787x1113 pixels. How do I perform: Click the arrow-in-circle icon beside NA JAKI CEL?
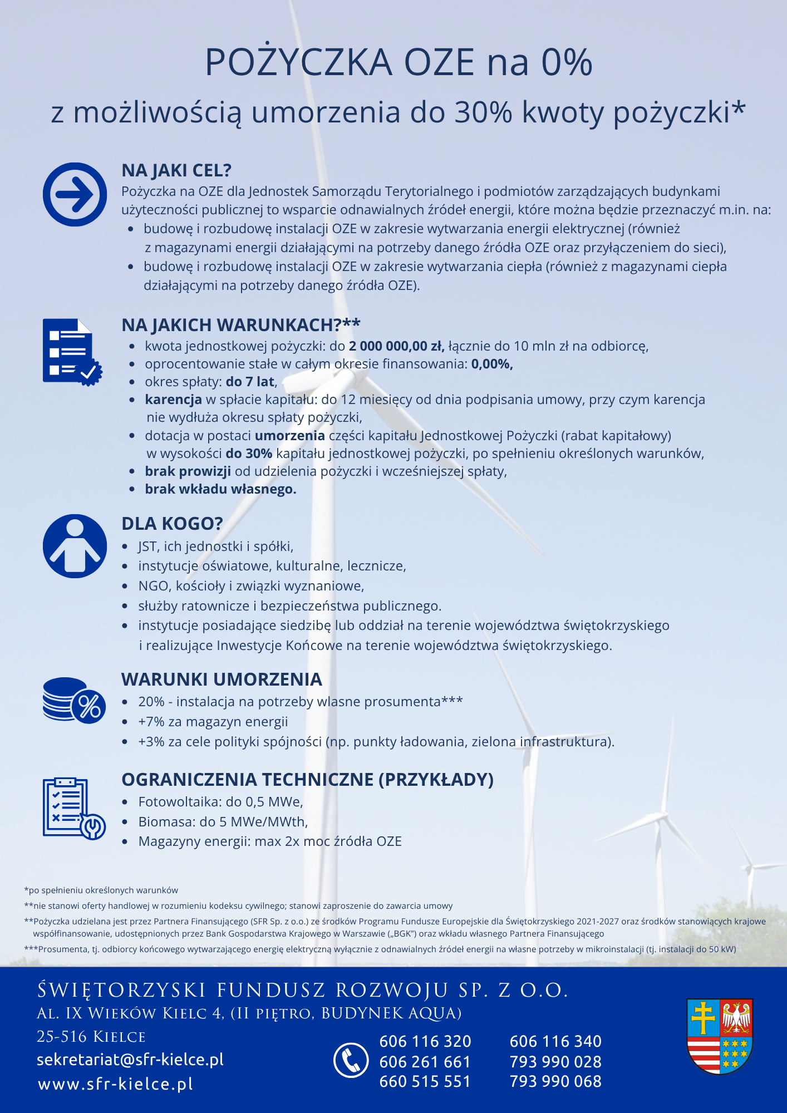[75, 194]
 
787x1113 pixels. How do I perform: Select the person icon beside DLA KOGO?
[75, 546]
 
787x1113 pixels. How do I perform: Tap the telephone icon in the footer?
[351, 1060]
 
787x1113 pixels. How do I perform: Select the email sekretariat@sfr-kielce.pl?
[130, 1060]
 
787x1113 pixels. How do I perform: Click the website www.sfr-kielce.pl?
[116, 1084]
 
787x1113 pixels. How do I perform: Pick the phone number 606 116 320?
[425, 1041]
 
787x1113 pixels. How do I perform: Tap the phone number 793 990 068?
[555, 1081]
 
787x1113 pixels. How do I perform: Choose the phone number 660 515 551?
[425, 1081]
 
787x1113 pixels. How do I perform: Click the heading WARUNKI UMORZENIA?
[222, 679]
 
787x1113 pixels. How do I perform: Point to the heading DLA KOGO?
[172, 524]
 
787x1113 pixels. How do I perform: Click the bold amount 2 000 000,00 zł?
[396, 346]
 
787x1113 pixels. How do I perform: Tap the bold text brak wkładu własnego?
[220, 489]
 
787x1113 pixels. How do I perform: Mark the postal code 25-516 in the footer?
[62, 1037]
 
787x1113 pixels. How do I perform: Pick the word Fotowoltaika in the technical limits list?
[179, 802]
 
